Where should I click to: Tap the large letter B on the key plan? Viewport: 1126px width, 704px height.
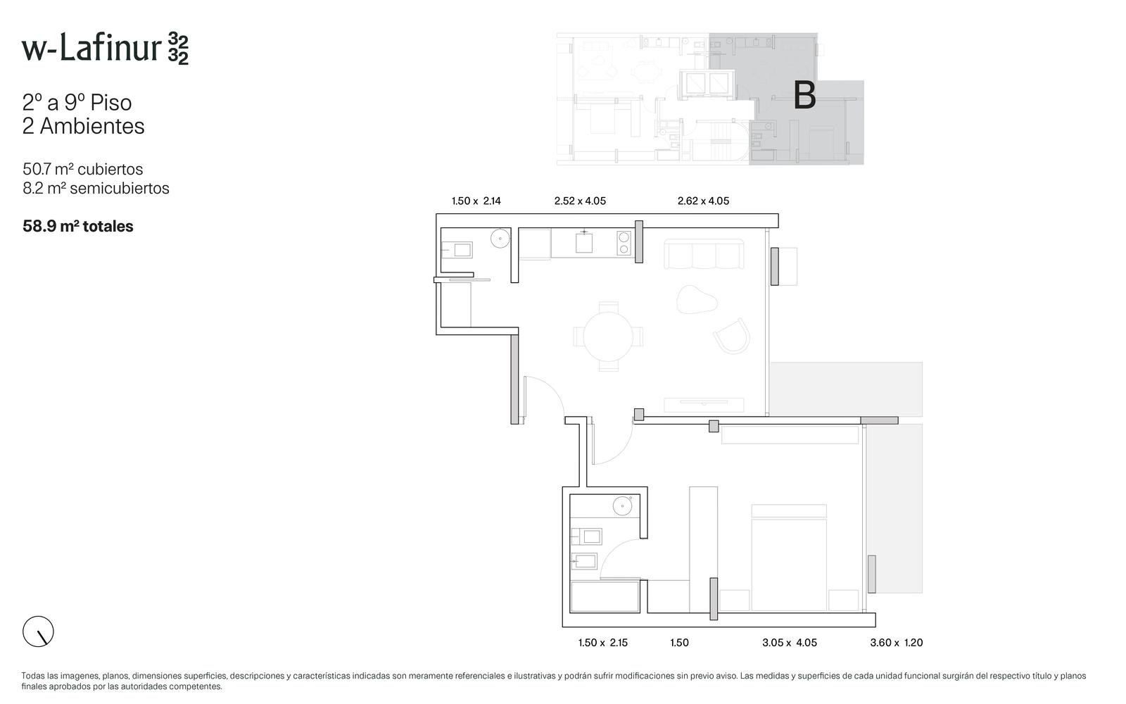(804, 95)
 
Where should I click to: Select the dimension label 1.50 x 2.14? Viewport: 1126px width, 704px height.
(476, 201)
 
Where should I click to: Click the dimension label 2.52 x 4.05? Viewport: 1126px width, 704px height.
(580, 201)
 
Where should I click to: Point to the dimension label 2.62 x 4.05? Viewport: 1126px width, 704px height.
(703, 201)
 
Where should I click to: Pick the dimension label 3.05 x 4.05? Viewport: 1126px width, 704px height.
(790, 643)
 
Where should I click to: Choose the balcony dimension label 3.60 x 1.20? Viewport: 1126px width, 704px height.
(897, 643)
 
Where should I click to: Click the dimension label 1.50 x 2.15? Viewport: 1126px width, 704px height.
(602, 643)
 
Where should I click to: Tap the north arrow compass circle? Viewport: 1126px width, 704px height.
(38, 631)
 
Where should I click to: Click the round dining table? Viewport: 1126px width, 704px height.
(608, 337)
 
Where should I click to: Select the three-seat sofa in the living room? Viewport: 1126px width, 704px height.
(704, 254)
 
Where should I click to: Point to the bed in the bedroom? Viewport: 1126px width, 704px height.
(789, 558)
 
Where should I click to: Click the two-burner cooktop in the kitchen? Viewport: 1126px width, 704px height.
(624, 243)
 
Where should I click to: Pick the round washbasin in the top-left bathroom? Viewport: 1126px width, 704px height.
(500, 239)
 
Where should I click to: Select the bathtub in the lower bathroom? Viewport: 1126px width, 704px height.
(605, 597)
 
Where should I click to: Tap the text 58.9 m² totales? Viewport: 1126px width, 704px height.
(78, 226)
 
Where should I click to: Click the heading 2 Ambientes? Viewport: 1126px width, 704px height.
(84, 126)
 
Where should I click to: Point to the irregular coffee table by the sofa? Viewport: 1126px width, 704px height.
(697, 299)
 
